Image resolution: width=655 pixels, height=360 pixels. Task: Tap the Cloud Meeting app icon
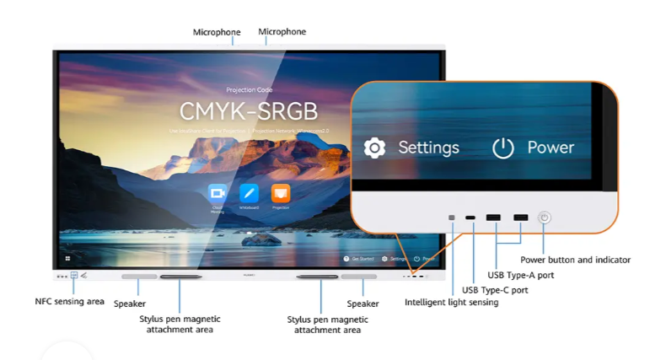[x=217, y=192]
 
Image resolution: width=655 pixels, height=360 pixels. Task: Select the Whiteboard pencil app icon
[x=249, y=192]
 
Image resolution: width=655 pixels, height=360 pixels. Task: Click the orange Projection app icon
[x=280, y=192]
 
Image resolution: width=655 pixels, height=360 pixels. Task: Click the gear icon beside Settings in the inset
[x=374, y=148]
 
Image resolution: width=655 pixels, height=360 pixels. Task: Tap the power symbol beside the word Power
[x=503, y=148]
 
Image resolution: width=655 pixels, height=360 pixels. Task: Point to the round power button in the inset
[x=545, y=218]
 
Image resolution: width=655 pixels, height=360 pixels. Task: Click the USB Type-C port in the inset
[x=471, y=218]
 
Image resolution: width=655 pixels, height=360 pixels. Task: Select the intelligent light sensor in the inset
[x=453, y=218]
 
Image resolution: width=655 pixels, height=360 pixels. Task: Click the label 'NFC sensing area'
[x=69, y=301]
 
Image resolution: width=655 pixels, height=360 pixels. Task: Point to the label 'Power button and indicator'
[x=575, y=260]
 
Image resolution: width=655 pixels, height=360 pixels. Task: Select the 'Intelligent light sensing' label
[x=451, y=302]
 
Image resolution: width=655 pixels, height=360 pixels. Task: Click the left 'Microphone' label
[x=217, y=32]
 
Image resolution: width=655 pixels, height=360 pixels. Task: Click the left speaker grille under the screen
[x=139, y=276]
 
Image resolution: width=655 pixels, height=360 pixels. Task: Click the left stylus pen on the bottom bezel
[x=181, y=277]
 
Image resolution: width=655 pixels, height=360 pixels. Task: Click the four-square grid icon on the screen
[x=68, y=258]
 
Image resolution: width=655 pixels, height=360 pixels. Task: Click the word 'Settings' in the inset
[x=428, y=148]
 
